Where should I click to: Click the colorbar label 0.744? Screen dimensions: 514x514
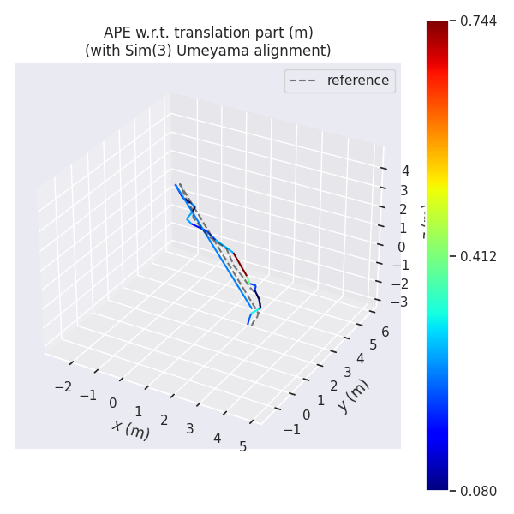478,21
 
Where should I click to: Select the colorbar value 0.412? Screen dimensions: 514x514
478,256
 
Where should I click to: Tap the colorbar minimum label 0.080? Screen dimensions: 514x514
478,491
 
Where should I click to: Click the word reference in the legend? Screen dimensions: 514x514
357,81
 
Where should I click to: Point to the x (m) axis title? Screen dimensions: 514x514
130,428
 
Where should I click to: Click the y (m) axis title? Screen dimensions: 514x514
352,395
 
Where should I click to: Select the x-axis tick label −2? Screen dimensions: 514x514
63,386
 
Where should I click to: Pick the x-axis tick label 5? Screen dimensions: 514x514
243,446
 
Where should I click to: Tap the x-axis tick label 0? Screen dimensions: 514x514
112,403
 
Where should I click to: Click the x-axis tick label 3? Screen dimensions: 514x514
190,428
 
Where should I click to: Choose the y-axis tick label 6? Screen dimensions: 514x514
385,332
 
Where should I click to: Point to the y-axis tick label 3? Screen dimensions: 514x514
347,372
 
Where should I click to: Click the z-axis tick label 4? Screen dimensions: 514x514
405,171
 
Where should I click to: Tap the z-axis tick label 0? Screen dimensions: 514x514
401,247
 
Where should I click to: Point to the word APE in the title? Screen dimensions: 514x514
118,33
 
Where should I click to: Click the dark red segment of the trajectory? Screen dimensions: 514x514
239,263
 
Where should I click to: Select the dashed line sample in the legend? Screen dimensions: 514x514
303,81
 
